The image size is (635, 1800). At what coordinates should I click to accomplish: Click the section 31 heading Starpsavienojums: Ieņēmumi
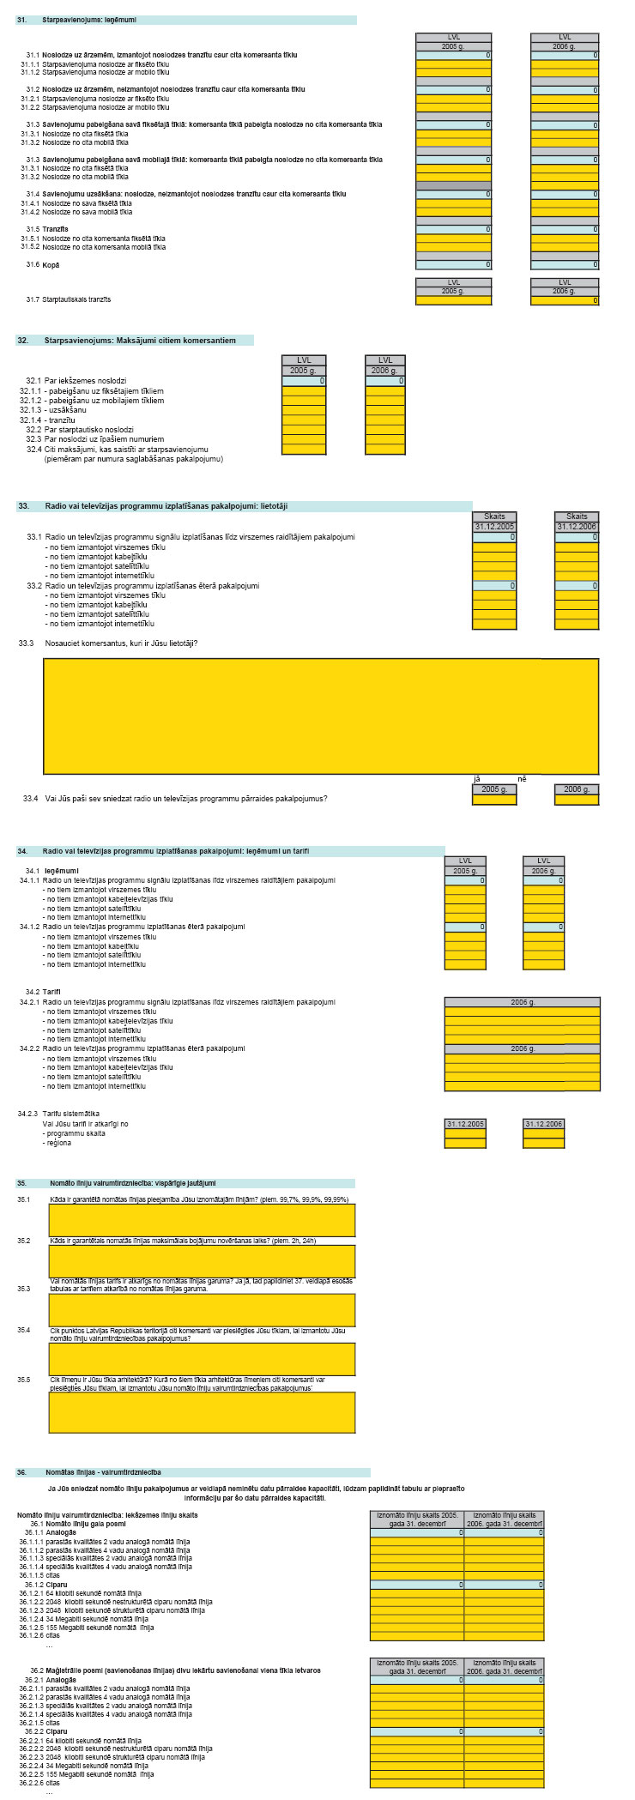coord(88,19)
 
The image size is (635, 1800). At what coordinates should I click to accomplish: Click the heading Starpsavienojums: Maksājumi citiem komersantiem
coord(140,341)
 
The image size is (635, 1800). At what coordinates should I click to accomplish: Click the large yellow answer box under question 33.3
coord(320,716)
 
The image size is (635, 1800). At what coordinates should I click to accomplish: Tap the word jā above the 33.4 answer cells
coord(477,779)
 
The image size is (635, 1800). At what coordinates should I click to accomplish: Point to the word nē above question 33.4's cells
coord(521,779)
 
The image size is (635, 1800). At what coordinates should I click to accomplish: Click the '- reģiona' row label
coord(58,1143)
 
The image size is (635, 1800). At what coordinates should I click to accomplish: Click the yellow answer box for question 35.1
coord(202,1220)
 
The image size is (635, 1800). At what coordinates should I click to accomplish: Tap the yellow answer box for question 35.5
coord(202,1412)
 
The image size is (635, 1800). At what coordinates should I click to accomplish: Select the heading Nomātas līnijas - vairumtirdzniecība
coord(104,1472)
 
